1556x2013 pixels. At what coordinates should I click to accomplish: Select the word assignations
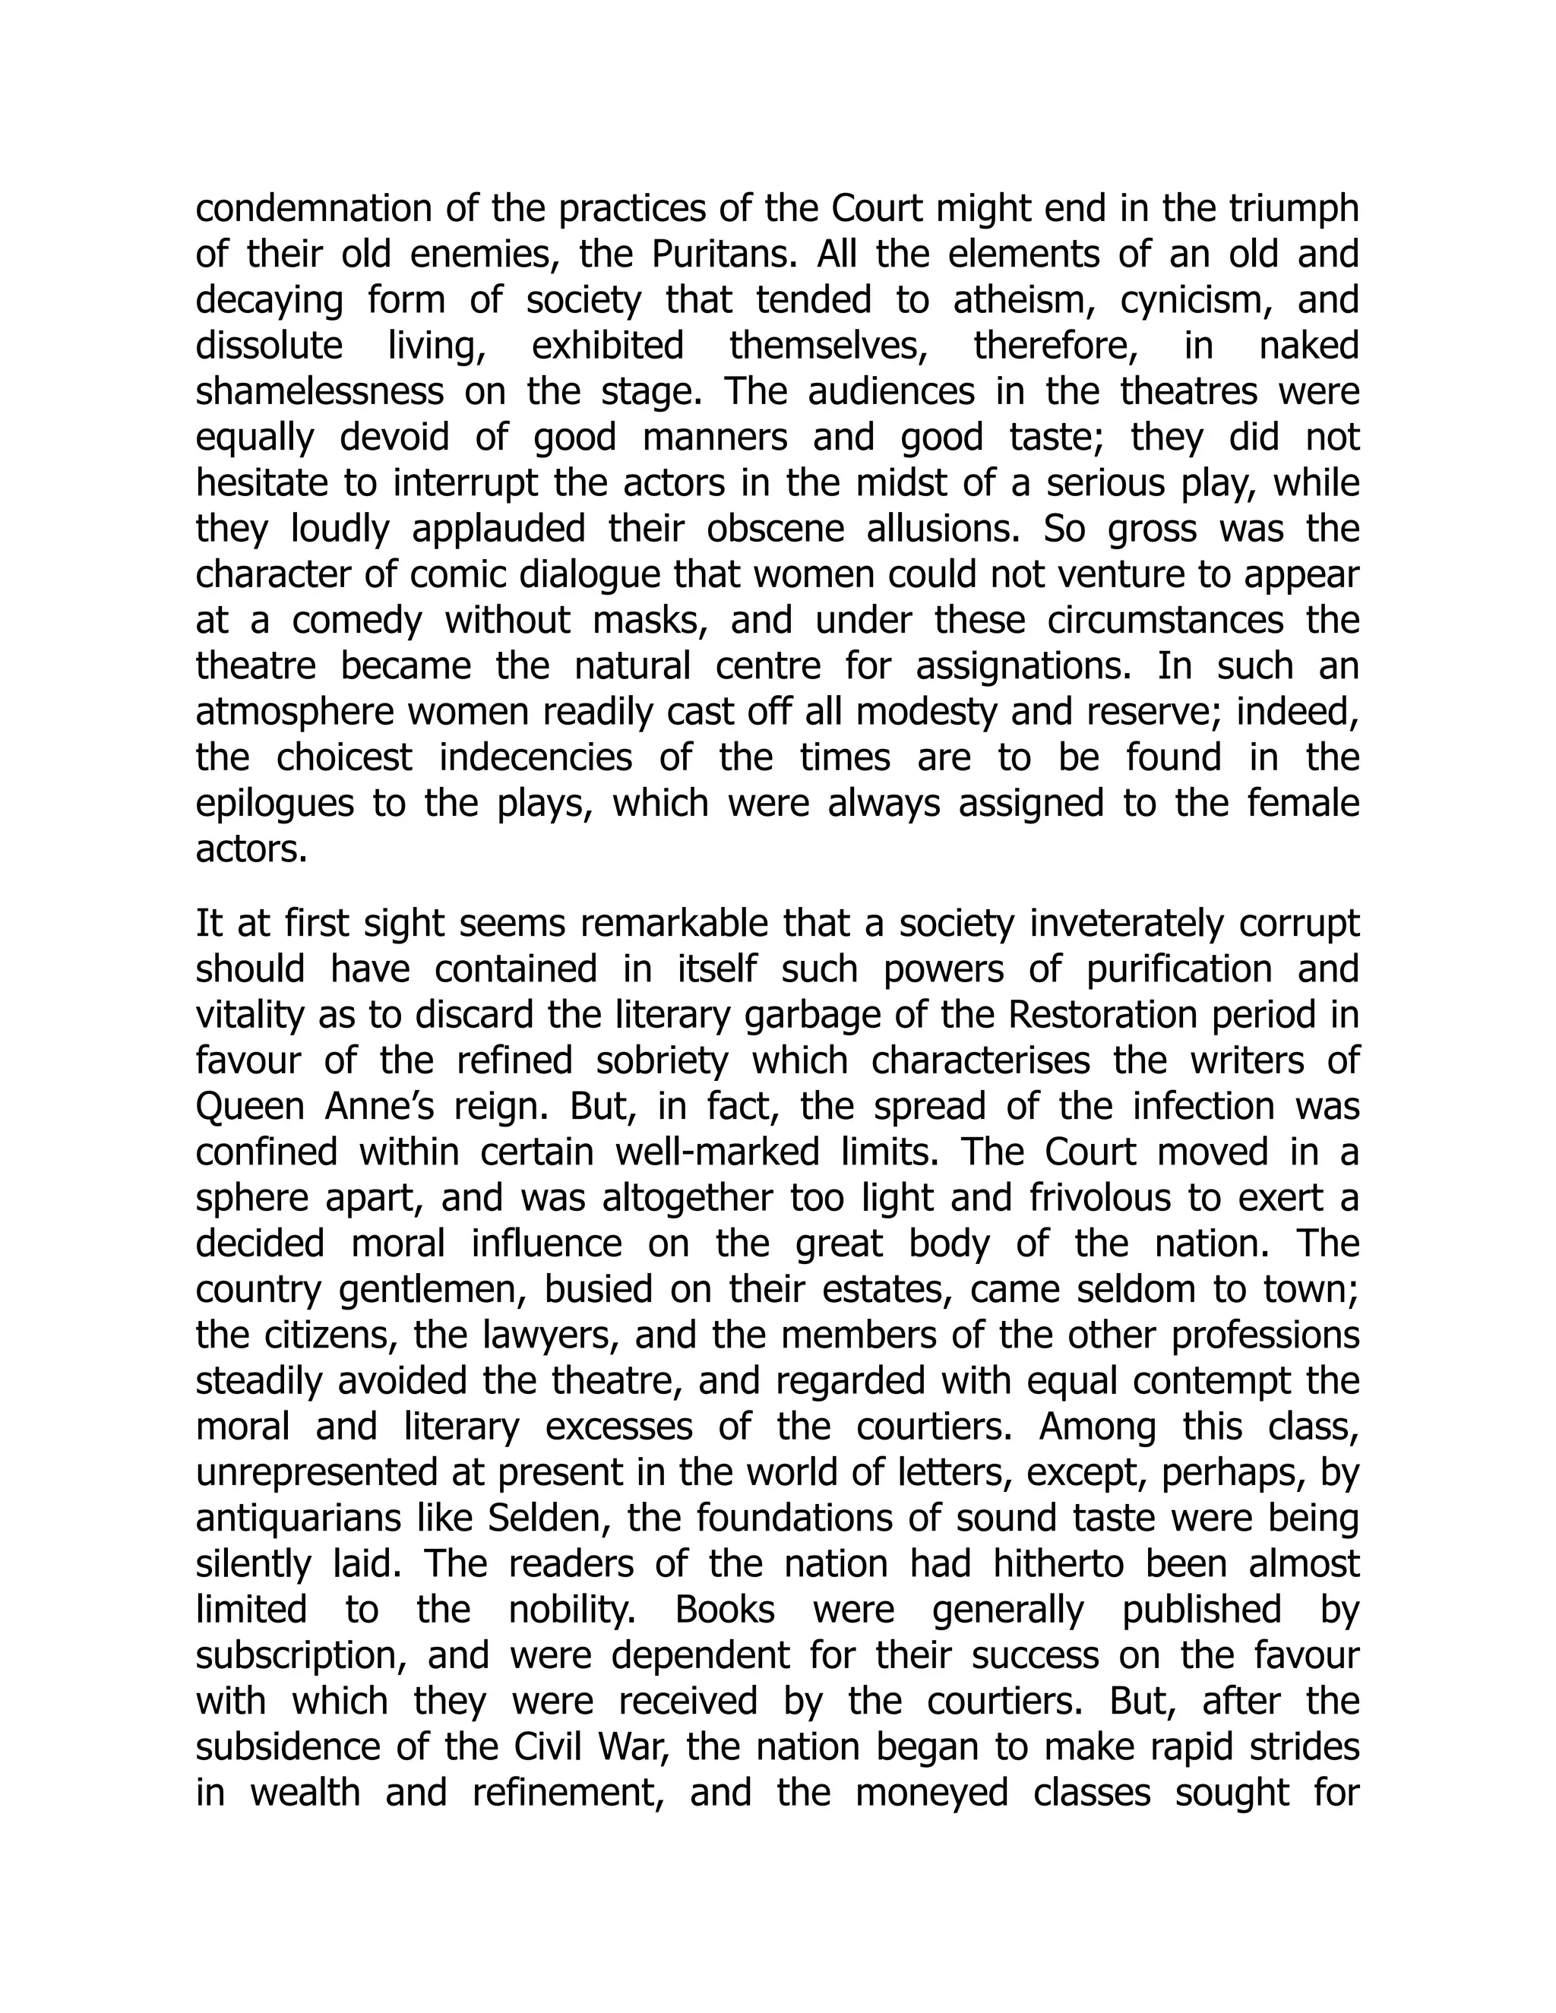1010,666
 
